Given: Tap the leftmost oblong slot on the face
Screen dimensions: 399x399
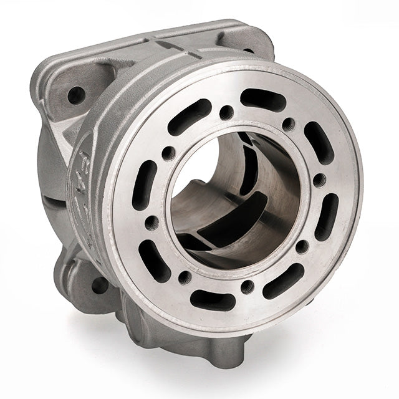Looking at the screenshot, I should click(145, 185).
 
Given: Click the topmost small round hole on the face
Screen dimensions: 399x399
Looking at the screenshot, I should click(227, 113).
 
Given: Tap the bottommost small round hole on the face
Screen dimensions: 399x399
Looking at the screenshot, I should click(248, 287).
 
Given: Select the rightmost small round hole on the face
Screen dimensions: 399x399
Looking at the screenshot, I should click(319, 181).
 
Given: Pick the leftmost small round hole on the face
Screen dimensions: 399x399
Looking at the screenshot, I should click(151, 222).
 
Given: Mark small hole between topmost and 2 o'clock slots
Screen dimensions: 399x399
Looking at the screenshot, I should click(288, 124).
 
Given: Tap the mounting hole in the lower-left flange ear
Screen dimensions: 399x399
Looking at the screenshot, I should click(99, 285).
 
